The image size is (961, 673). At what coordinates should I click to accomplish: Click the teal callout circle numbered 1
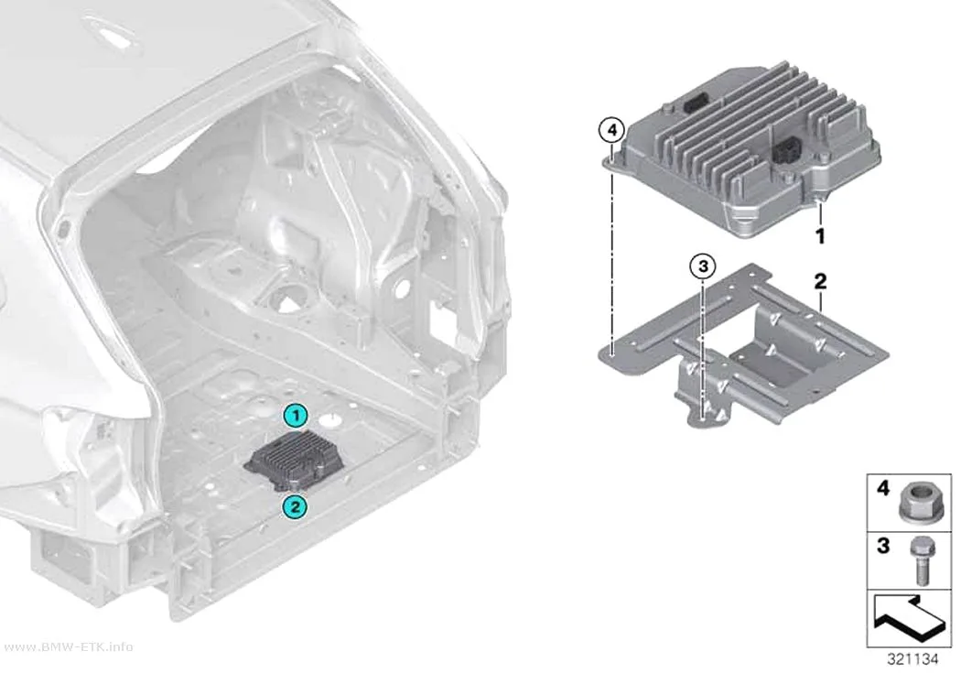click(296, 417)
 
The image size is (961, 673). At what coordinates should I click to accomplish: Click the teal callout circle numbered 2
click(295, 507)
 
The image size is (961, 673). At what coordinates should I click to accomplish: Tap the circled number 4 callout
click(611, 131)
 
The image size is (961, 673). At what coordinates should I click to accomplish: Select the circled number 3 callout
click(703, 266)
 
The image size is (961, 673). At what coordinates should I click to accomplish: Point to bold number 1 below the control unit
click(820, 236)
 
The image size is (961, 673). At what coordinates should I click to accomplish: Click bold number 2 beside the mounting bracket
click(820, 281)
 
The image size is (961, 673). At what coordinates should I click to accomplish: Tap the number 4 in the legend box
click(883, 488)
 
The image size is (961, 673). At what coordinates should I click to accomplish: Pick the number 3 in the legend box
click(883, 546)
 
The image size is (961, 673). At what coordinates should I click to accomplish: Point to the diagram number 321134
click(912, 659)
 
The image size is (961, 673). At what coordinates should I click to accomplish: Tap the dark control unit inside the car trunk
click(294, 461)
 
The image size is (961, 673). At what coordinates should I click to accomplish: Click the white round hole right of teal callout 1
click(331, 421)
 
